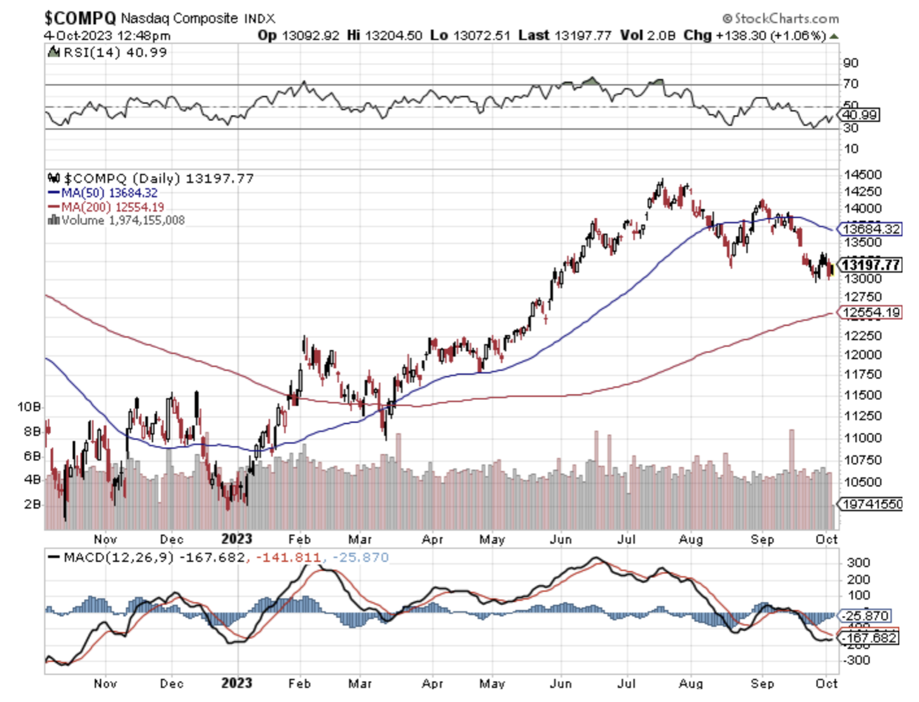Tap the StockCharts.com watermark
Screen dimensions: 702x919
780,18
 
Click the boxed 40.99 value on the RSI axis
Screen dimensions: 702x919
859,115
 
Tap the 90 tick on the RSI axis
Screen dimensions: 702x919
850,62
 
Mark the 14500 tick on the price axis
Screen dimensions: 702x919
862,174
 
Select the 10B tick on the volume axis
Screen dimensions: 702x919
29,406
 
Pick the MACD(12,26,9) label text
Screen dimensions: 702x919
118,558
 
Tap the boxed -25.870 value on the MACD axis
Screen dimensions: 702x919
866,616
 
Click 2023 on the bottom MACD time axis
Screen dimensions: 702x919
236,683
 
